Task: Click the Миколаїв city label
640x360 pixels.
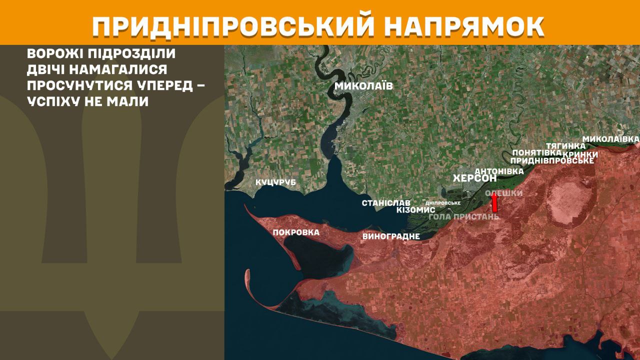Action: click(363, 86)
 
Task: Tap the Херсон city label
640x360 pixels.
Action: click(474, 178)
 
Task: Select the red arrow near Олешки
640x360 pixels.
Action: click(494, 203)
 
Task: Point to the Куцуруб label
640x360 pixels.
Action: click(275, 182)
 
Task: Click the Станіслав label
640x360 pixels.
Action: click(385, 203)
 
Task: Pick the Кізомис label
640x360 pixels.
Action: click(415, 210)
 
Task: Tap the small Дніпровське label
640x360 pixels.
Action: click(442, 203)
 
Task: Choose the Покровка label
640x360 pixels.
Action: click(296, 232)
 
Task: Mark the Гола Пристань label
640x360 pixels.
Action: click(464, 217)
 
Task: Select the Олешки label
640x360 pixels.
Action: click(504, 193)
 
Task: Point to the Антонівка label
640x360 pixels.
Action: click(499, 171)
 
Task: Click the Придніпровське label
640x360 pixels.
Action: click(552, 160)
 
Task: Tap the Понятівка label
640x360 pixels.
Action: click(537, 152)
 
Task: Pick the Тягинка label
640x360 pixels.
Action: click(566, 145)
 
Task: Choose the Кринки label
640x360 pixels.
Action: click(580, 154)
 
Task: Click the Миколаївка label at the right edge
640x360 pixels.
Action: click(610, 138)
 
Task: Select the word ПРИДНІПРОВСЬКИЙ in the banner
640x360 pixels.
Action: click(233, 26)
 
